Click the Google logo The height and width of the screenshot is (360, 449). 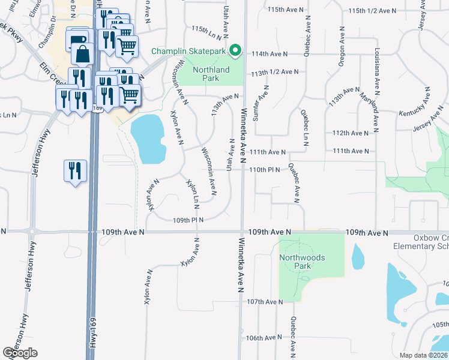tap(20, 353)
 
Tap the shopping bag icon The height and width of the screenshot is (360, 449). tap(82, 54)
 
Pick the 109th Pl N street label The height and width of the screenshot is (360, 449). tap(188, 220)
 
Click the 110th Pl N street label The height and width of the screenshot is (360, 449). tap(265, 170)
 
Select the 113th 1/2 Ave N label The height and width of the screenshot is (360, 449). tap(275, 72)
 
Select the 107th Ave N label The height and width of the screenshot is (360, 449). tap(264, 302)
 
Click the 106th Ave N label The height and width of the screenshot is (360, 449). tap(263, 338)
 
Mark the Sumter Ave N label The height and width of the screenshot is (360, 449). tap(261, 103)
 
